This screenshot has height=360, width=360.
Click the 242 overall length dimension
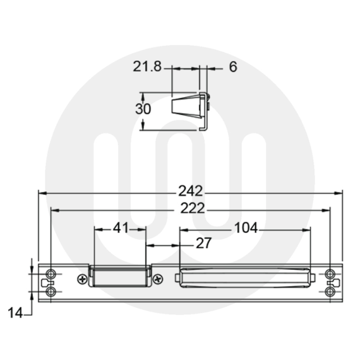(190, 191)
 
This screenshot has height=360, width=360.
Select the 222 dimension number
(192, 208)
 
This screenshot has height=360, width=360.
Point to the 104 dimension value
(246, 228)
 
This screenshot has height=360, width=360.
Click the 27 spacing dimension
(204, 243)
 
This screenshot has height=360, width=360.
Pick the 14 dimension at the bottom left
(15, 313)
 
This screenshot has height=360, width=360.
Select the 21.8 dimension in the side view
(147, 67)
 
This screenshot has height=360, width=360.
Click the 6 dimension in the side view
(232, 67)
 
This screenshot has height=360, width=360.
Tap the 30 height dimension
(143, 109)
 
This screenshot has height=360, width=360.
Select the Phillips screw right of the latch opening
(158, 279)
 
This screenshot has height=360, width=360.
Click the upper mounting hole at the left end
(50, 273)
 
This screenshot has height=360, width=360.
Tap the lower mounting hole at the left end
(50, 291)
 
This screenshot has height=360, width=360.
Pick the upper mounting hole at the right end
(331, 273)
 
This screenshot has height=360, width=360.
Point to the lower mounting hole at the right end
(331, 291)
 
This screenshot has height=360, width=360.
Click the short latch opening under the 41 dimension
(120, 277)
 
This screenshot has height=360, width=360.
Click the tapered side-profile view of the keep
(187, 106)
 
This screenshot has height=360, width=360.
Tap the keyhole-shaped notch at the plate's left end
(45, 282)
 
